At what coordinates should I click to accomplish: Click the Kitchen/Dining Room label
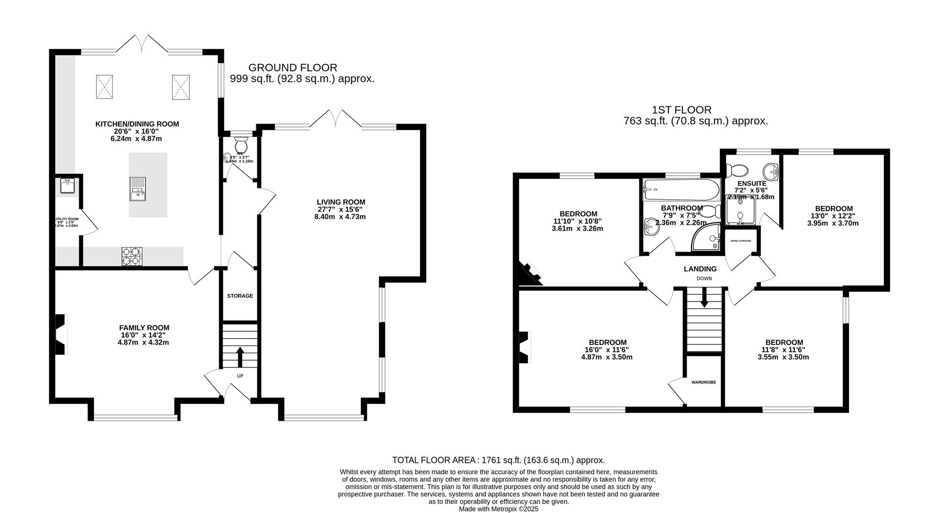tap(137, 124)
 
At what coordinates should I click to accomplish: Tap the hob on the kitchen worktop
tap(132, 256)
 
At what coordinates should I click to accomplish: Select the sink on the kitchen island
tap(137, 189)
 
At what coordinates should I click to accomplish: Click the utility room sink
tap(67, 186)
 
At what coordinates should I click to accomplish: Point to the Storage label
tap(240, 296)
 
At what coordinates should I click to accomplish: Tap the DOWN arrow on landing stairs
tap(704, 298)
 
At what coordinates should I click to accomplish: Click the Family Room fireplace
tap(60, 335)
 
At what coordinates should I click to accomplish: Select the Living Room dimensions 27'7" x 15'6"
tap(341, 210)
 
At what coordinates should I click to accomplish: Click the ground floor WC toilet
tap(241, 145)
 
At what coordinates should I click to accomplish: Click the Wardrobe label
tap(703, 382)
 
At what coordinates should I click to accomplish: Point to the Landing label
tap(700, 269)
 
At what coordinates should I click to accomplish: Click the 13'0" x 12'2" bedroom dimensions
tap(832, 216)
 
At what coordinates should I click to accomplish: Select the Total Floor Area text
tap(498, 460)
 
